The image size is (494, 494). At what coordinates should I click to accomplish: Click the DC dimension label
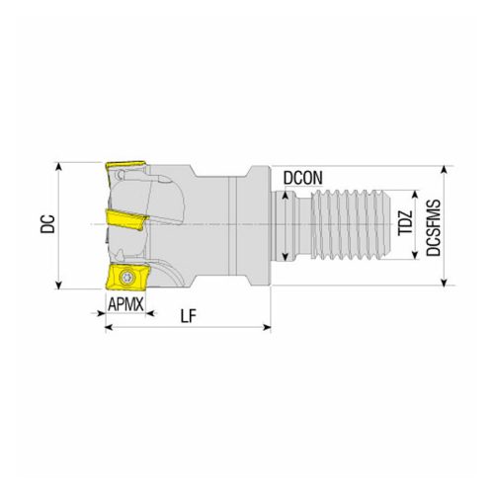46,225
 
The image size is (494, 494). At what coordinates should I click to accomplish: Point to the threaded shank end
356,226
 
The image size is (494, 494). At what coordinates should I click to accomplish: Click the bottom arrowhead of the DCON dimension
286,259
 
